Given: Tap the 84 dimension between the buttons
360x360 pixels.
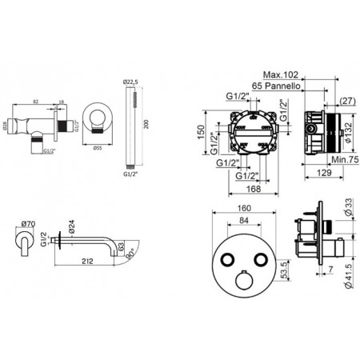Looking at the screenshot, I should (246, 223).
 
